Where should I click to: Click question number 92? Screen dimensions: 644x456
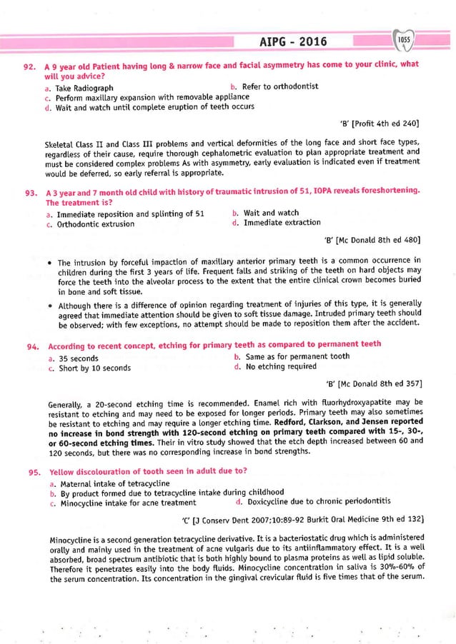[30, 66]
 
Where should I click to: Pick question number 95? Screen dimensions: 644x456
[30, 473]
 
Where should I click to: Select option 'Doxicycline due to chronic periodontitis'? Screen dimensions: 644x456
[315, 503]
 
